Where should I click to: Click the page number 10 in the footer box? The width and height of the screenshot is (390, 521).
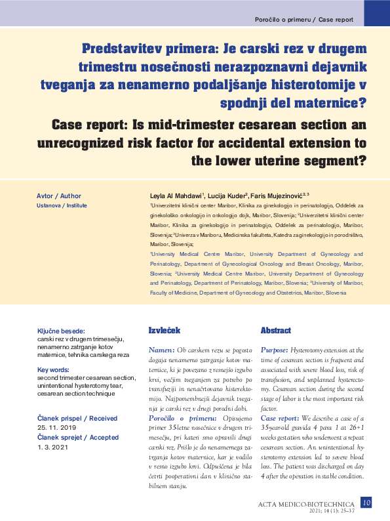click(366, 503)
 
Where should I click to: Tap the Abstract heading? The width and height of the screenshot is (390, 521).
click(275, 330)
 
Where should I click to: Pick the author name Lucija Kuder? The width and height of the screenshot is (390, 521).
click(228, 196)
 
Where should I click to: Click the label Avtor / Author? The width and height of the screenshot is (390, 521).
click(59, 196)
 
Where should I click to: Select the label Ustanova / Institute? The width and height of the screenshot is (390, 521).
click(62, 205)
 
